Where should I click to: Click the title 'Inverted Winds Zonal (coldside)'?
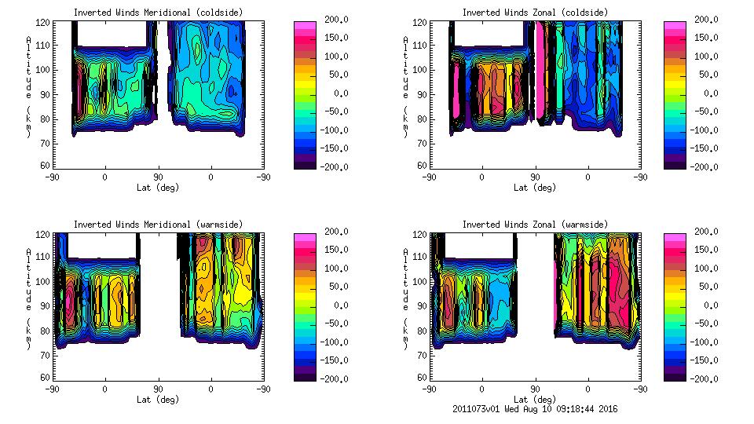(534, 12)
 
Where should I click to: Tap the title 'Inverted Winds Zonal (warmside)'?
(534, 225)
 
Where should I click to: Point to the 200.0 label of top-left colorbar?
(332, 19)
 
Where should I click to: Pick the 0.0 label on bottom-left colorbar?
(332, 305)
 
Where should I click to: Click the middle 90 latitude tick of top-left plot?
(158, 177)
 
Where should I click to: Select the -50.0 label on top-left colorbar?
(332, 111)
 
